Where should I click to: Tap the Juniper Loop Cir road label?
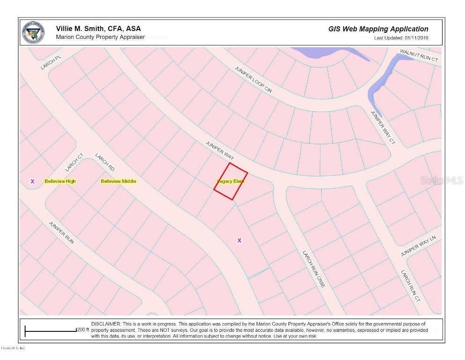[x=253, y=79]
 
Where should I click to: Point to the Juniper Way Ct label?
[x=383, y=127]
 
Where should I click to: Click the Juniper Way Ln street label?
[x=418, y=246]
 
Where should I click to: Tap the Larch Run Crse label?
[x=313, y=269]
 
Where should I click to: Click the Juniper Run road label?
[x=61, y=232]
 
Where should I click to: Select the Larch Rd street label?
[x=105, y=162]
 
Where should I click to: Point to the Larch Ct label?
[x=74, y=162]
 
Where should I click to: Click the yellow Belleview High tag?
[x=60, y=181]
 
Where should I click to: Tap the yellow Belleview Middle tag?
[x=118, y=181]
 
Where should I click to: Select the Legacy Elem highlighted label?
[x=231, y=181]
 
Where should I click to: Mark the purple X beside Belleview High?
[x=32, y=181]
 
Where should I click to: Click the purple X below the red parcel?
[x=239, y=240]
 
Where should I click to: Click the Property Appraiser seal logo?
[x=34, y=32]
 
